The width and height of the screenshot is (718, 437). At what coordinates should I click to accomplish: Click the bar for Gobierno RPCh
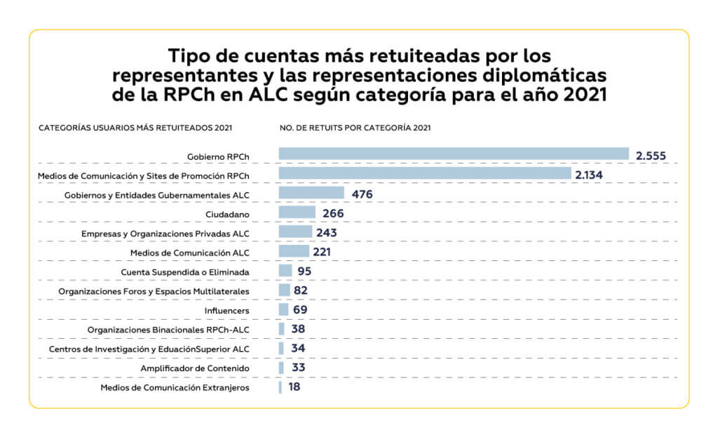coord(453,154)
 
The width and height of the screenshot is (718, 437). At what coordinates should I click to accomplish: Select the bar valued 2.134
coord(424,173)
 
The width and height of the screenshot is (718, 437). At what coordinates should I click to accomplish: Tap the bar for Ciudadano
coord(297,213)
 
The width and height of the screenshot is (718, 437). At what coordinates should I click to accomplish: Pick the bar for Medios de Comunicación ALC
coord(294,251)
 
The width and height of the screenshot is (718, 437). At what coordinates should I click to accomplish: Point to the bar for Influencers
coord(283,309)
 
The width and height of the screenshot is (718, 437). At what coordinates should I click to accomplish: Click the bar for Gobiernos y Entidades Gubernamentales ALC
coord(311,193)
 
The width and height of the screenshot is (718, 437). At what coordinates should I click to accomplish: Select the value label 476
coord(362,194)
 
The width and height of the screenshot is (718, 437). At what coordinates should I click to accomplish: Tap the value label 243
coord(327,233)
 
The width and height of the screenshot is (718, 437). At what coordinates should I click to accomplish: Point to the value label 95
coord(304,271)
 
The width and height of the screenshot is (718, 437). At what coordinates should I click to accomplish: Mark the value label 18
coord(294,386)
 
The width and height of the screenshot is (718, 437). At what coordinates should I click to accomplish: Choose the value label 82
coord(300,290)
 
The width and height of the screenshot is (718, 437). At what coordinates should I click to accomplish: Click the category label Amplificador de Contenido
coord(196,368)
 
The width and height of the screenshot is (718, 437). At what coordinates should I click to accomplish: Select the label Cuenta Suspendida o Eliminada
coord(185,271)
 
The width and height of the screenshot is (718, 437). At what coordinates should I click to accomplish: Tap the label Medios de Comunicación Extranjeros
coord(175,387)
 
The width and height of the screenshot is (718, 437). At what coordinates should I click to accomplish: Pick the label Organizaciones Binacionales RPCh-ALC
coord(168,330)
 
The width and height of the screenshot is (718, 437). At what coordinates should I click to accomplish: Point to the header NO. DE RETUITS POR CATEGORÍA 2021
coord(355,128)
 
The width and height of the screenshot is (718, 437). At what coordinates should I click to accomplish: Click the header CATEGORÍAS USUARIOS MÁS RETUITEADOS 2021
coord(135,128)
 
